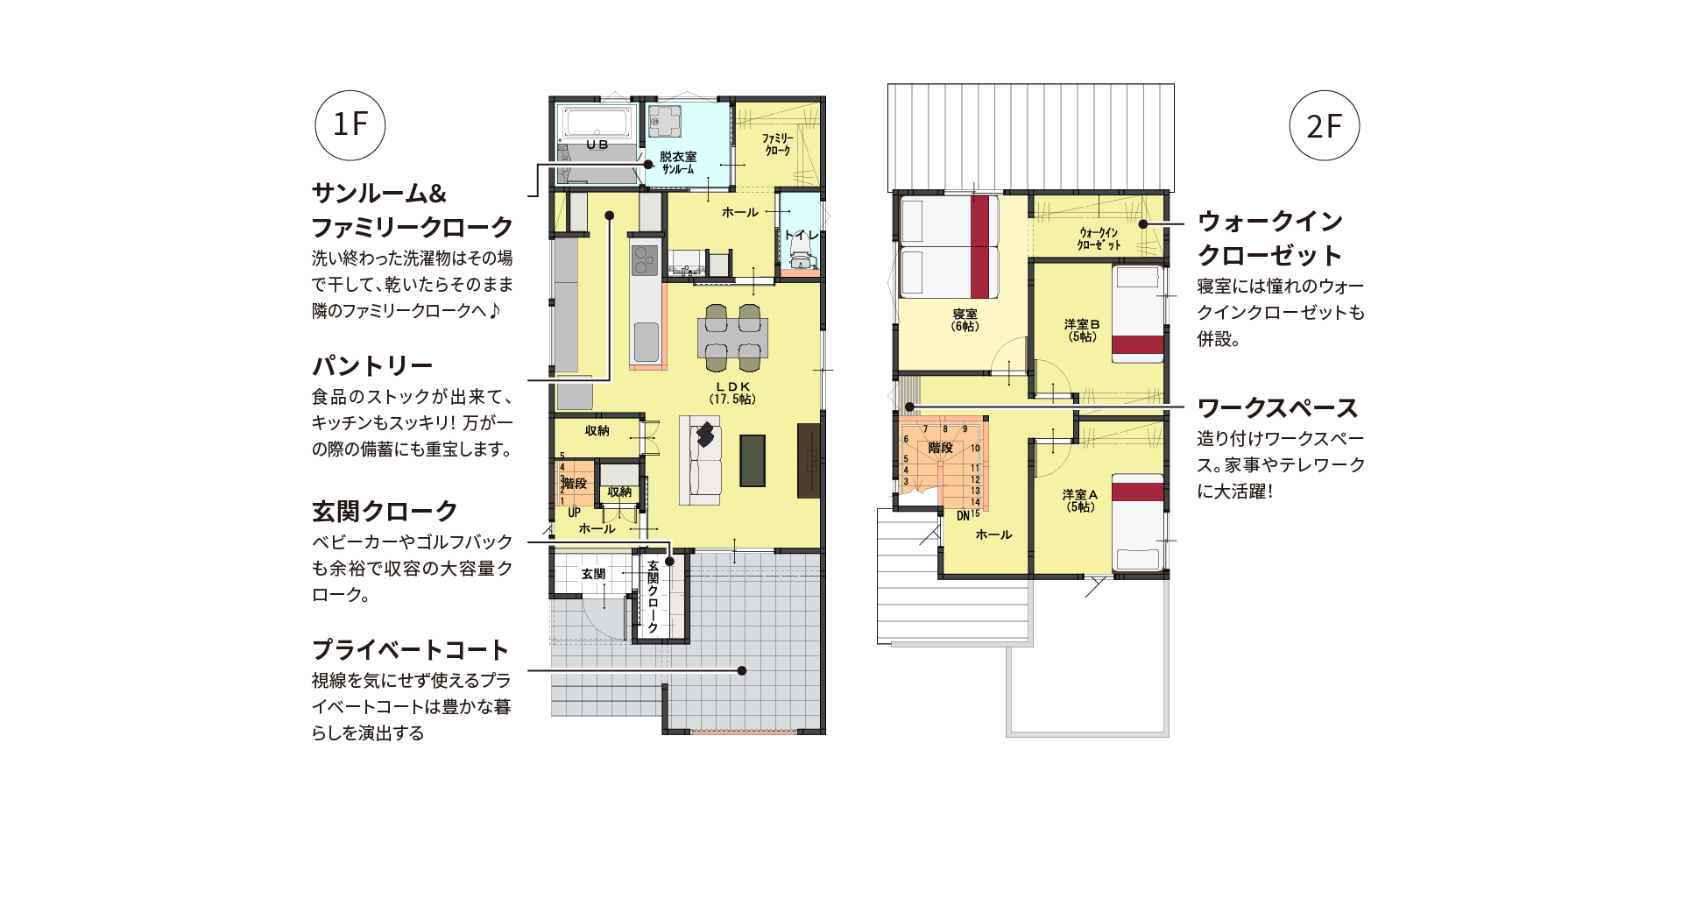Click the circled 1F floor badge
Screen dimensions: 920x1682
tap(350, 125)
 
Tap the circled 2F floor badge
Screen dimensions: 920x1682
tap(1324, 125)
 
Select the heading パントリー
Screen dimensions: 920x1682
tap(372, 365)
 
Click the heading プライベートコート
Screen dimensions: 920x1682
tap(410, 649)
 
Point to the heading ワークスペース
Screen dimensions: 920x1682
tap(1276, 408)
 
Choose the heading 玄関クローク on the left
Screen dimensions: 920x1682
tap(385, 511)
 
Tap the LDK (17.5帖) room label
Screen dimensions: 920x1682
tap(732, 393)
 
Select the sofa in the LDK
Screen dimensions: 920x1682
tap(701, 460)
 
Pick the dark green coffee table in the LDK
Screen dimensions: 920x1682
tap(752, 460)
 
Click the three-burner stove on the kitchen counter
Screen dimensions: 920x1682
tap(645, 258)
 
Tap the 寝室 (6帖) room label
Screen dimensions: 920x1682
tap(965, 320)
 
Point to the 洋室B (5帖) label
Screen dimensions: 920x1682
tap(1082, 330)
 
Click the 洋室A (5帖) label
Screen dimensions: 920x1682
tap(1080, 500)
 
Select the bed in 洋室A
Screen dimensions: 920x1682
tap(1137, 522)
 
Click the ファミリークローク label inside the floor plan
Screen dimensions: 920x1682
tap(777, 145)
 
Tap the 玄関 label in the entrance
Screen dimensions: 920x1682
tap(593, 574)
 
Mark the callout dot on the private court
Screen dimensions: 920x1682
tap(742, 670)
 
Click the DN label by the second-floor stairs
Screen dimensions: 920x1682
tap(963, 516)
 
